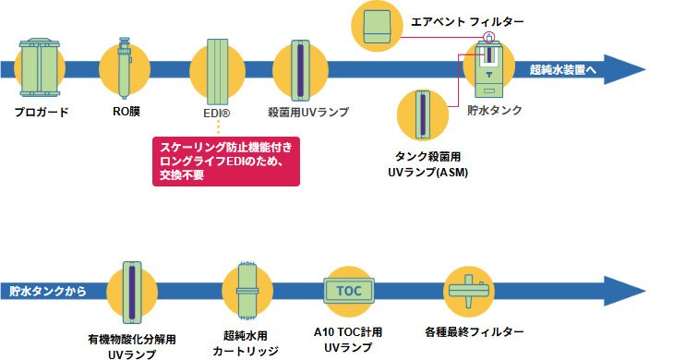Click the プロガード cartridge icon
pyautogui.click(x=39, y=67)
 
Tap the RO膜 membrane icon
pyautogui.click(x=125, y=68)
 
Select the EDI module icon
pyautogui.click(x=218, y=72)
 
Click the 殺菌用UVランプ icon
pyautogui.click(x=300, y=70)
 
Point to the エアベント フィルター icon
pyautogui.click(x=377, y=26)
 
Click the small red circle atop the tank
pyautogui.click(x=489, y=37)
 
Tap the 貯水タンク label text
pyautogui.click(x=495, y=110)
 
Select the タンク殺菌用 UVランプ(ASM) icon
pyautogui.click(x=423, y=114)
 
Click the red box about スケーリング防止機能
pyautogui.click(x=226, y=162)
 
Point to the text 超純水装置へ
pyautogui.click(x=562, y=69)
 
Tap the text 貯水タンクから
pyautogui.click(x=48, y=292)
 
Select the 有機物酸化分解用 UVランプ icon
pyautogui.click(x=132, y=292)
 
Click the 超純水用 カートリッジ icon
pyautogui.click(x=247, y=291)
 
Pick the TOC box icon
pyautogui.click(x=349, y=292)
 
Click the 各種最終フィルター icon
pyautogui.click(x=468, y=291)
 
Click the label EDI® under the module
pyautogui.click(x=217, y=114)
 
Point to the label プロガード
pyautogui.click(x=42, y=112)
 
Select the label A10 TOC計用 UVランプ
pyautogui.click(x=348, y=340)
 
